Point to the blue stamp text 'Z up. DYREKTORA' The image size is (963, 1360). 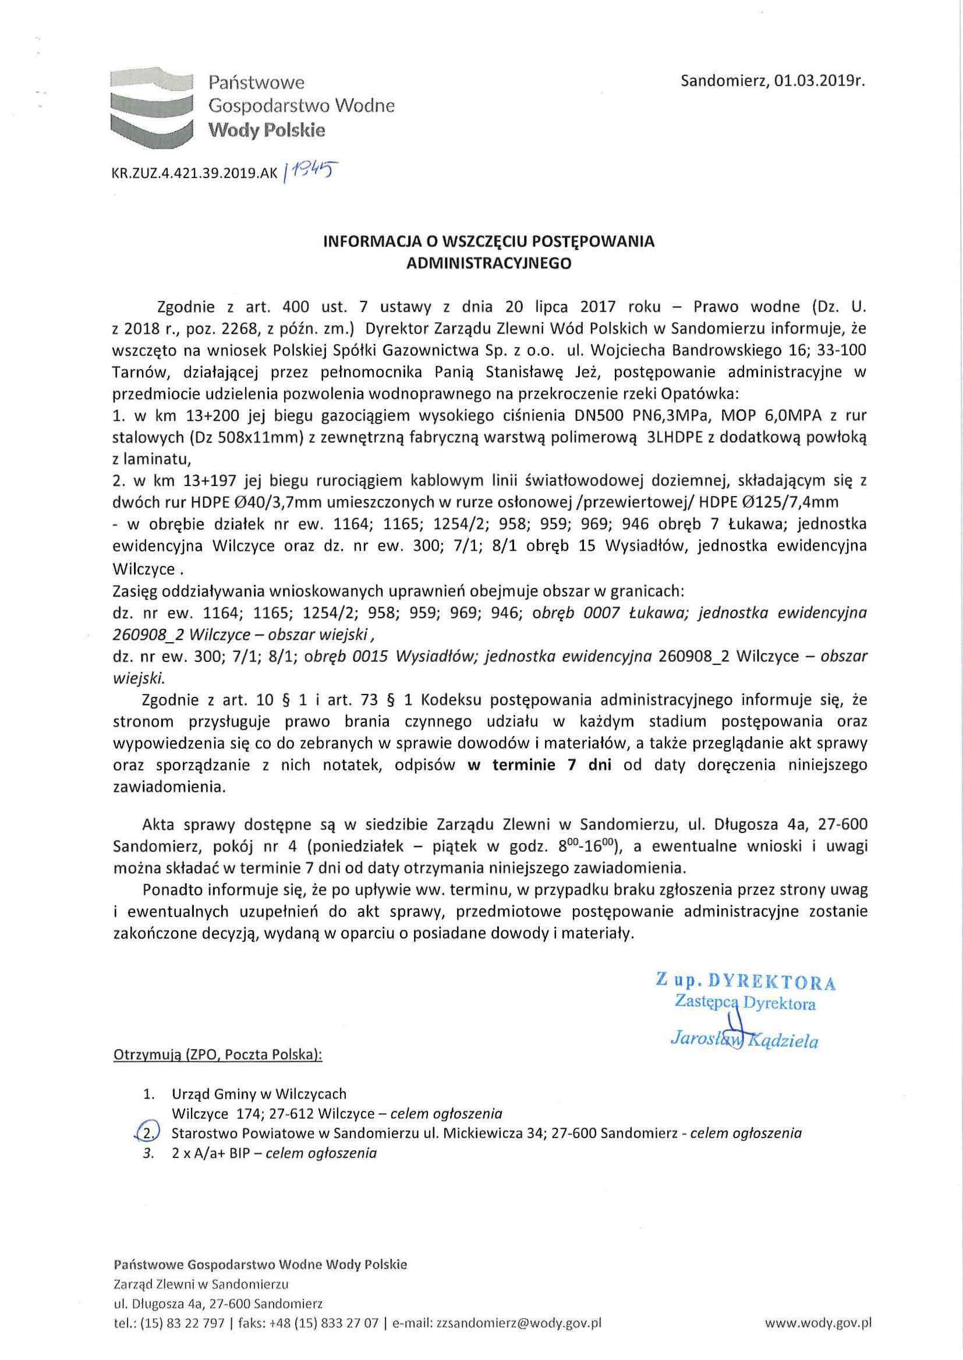745,981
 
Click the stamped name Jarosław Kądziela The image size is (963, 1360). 744,1040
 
